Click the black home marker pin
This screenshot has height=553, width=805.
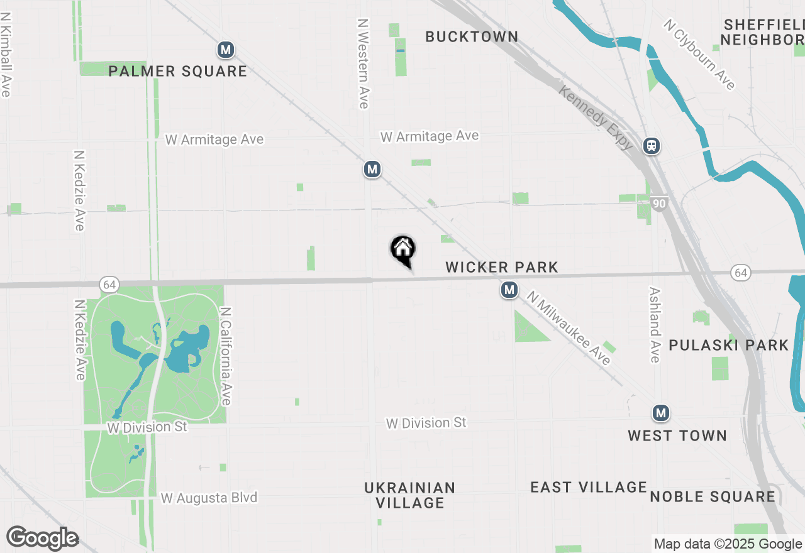pyautogui.click(x=402, y=249)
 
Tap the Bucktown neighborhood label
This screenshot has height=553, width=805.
pyautogui.click(x=472, y=37)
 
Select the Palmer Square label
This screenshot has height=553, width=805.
pyautogui.click(x=177, y=72)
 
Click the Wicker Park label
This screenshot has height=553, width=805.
pyautogui.click(x=502, y=268)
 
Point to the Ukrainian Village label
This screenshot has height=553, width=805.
pyautogui.click(x=410, y=495)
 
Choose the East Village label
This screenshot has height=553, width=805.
pyautogui.click(x=589, y=488)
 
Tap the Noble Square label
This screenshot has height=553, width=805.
pyautogui.click(x=713, y=497)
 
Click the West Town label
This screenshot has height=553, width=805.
pyautogui.click(x=677, y=435)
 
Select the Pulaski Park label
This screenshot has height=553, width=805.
pyautogui.click(x=728, y=345)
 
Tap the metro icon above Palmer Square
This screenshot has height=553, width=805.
pyautogui.click(x=226, y=50)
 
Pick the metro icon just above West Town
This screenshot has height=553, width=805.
pyautogui.click(x=660, y=413)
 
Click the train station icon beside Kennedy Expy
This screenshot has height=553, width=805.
pyautogui.click(x=652, y=146)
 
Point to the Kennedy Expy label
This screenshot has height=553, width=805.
pyautogui.click(x=596, y=118)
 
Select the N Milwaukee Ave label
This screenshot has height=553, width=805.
pyautogui.click(x=569, y=328)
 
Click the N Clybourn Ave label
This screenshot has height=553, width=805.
pyautogui.click(x=699, y=54)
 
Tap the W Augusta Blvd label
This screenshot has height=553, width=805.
pyautogui.click(x=209, y=498)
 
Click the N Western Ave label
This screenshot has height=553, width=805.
pyautogui.click(x=363, y=63)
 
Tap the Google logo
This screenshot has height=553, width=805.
pyautogui.click(x=43, y=538)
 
